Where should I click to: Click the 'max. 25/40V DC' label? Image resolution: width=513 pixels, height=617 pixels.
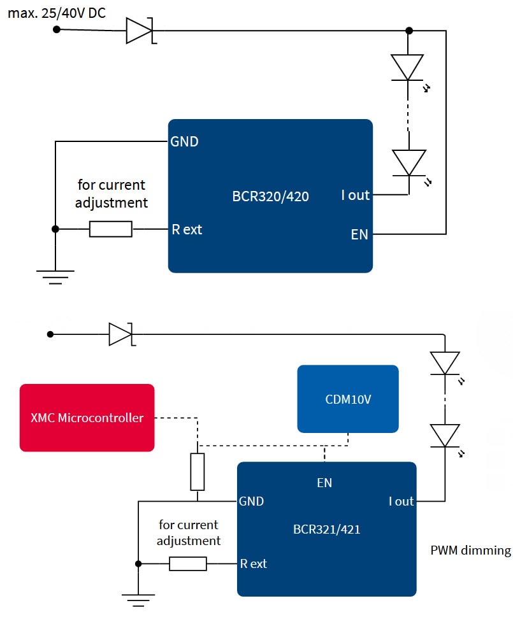(x=57, y=13)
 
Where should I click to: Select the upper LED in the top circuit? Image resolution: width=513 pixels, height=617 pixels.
(x=407, y=67)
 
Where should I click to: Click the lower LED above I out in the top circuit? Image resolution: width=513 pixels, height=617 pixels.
(x=408, y=162)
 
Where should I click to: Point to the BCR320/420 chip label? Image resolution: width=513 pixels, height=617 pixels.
(x=270, y=196)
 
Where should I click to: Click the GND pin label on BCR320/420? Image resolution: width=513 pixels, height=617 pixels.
(x=184, y=141)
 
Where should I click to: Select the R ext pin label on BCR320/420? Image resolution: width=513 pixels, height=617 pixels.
(x=187, y=229)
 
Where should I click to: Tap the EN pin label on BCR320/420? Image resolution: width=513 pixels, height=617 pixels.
(x=359, y=234)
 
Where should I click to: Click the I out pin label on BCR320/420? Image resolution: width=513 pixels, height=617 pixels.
(x=355, y=195)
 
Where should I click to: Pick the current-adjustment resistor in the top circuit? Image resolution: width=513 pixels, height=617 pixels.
(x=111, y=229)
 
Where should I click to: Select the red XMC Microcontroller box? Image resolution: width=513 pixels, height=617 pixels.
(x=87, y=418)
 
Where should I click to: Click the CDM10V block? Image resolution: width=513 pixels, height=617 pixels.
(x=347, y=399)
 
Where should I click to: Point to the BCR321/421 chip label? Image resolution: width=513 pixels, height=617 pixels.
(x=326, y=529)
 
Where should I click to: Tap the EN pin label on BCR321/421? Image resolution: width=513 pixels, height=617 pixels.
(x=324, y=483)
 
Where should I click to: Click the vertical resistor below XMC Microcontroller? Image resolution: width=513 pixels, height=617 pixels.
(x=198, y=472)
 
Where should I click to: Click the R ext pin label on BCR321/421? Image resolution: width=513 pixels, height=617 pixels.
(x=253, y=564)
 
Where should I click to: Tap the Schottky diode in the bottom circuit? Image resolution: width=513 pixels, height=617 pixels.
(x=120, y=334)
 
